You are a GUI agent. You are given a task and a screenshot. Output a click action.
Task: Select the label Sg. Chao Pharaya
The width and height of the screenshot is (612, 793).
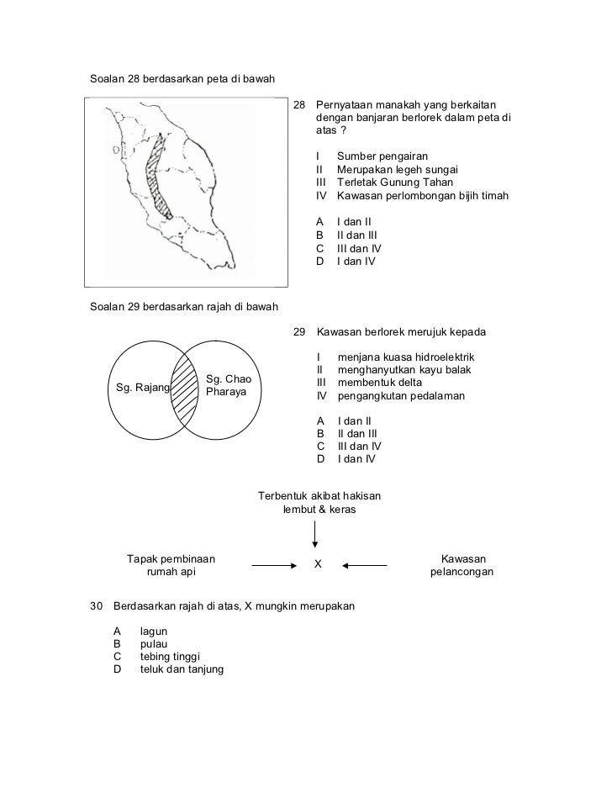(228, 386)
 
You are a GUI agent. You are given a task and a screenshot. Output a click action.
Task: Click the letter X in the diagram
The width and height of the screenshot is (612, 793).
(318, 563)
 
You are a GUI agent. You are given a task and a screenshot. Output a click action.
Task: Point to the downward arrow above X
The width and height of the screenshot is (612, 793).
(316, 533)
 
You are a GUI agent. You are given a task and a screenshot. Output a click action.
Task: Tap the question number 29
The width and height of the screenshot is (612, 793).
(299, 333)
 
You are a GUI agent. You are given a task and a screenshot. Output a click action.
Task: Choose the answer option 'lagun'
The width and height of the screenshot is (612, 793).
(153, 631)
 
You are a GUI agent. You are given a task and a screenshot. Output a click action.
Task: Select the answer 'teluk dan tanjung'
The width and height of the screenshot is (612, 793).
(182, 669)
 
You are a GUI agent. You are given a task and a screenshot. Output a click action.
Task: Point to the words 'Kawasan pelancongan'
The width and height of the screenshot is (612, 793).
(462, 566)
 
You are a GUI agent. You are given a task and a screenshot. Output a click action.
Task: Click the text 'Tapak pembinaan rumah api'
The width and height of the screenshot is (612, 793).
(170, 566)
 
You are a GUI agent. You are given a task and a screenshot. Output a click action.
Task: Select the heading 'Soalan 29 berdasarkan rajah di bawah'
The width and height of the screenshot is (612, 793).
(184, 304)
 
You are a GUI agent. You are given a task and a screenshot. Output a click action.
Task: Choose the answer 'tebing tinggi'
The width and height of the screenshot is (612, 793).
(171, 657)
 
